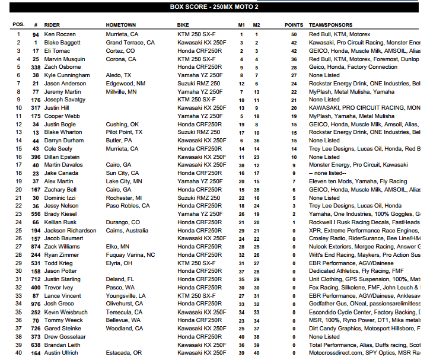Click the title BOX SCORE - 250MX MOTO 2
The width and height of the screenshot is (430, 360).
click(215, 7)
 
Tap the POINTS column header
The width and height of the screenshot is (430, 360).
click(294, 26)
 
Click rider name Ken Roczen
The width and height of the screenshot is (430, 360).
click(59, 35)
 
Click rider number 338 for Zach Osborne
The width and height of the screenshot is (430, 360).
click(35, 68)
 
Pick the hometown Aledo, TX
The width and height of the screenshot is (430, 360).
click(119, 76)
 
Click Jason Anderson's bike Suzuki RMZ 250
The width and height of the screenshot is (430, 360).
click(199, 84)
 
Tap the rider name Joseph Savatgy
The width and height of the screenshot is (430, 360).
click(65, 100)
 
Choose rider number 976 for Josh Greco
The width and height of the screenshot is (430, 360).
click(35, 304)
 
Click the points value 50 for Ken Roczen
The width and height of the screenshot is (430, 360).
click(294, 35)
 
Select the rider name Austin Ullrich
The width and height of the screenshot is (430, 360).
click(61, 353)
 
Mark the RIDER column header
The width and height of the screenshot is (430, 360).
click(52, 26)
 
